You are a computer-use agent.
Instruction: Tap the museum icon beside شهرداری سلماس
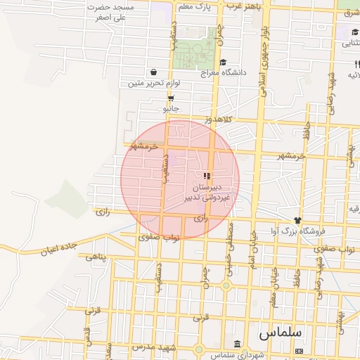pyautogui.click(x=237, y=344)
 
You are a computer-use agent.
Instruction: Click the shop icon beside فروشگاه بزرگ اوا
pyautogui.click(x=297, y=220)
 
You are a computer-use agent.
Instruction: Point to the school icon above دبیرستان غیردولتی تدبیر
pyautogui.click(x=206, y=176)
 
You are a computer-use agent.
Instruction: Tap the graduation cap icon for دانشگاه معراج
pyautogui.click(x=223, y=62)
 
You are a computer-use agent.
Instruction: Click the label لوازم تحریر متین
pyautogui.click(x=154, y=83)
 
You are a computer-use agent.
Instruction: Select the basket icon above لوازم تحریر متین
pyautogui.click(x=153, y=72)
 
